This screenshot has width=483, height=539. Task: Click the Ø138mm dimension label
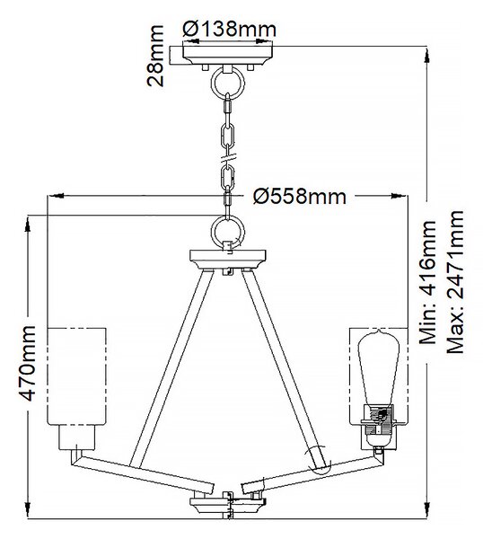229,30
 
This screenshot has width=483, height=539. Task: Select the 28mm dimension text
155,56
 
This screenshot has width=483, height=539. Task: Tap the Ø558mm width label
300,197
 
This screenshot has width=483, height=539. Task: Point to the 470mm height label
28,363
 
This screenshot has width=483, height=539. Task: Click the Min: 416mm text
427,283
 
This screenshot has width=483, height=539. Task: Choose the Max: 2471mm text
455,282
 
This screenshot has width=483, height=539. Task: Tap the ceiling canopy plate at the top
228,56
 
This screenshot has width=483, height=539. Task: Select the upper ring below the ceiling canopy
227,84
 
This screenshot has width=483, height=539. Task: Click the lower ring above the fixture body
227,231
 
